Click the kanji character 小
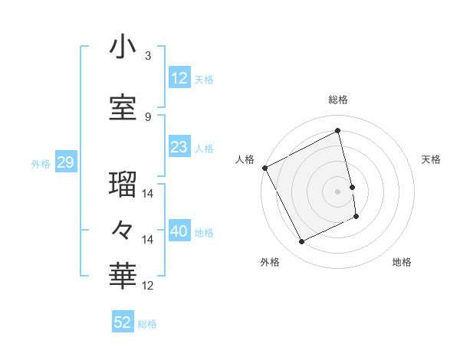click(x=123, y=47)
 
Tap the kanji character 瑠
click(x=123, y=183)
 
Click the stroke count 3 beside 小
click(x=148, y=56)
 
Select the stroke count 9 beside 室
click(x=148, y=117)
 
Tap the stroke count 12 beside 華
click(x=148, y=286)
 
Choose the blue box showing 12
click(x=179, y=77)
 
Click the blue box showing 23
click(x=179, y=147)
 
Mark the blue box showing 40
click(x=179, y=231)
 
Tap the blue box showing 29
click(x=65, y=163)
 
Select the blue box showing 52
click(x=123, y=322)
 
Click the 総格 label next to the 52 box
click(x=147, y=324)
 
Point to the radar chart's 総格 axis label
click(x=338, y=100)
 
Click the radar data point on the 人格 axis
click(x=264, y=168)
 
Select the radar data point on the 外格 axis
click(x=301, y=242)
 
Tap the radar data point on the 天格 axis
click(x=352, y=187)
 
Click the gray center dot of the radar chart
click(x=338, y=191)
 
